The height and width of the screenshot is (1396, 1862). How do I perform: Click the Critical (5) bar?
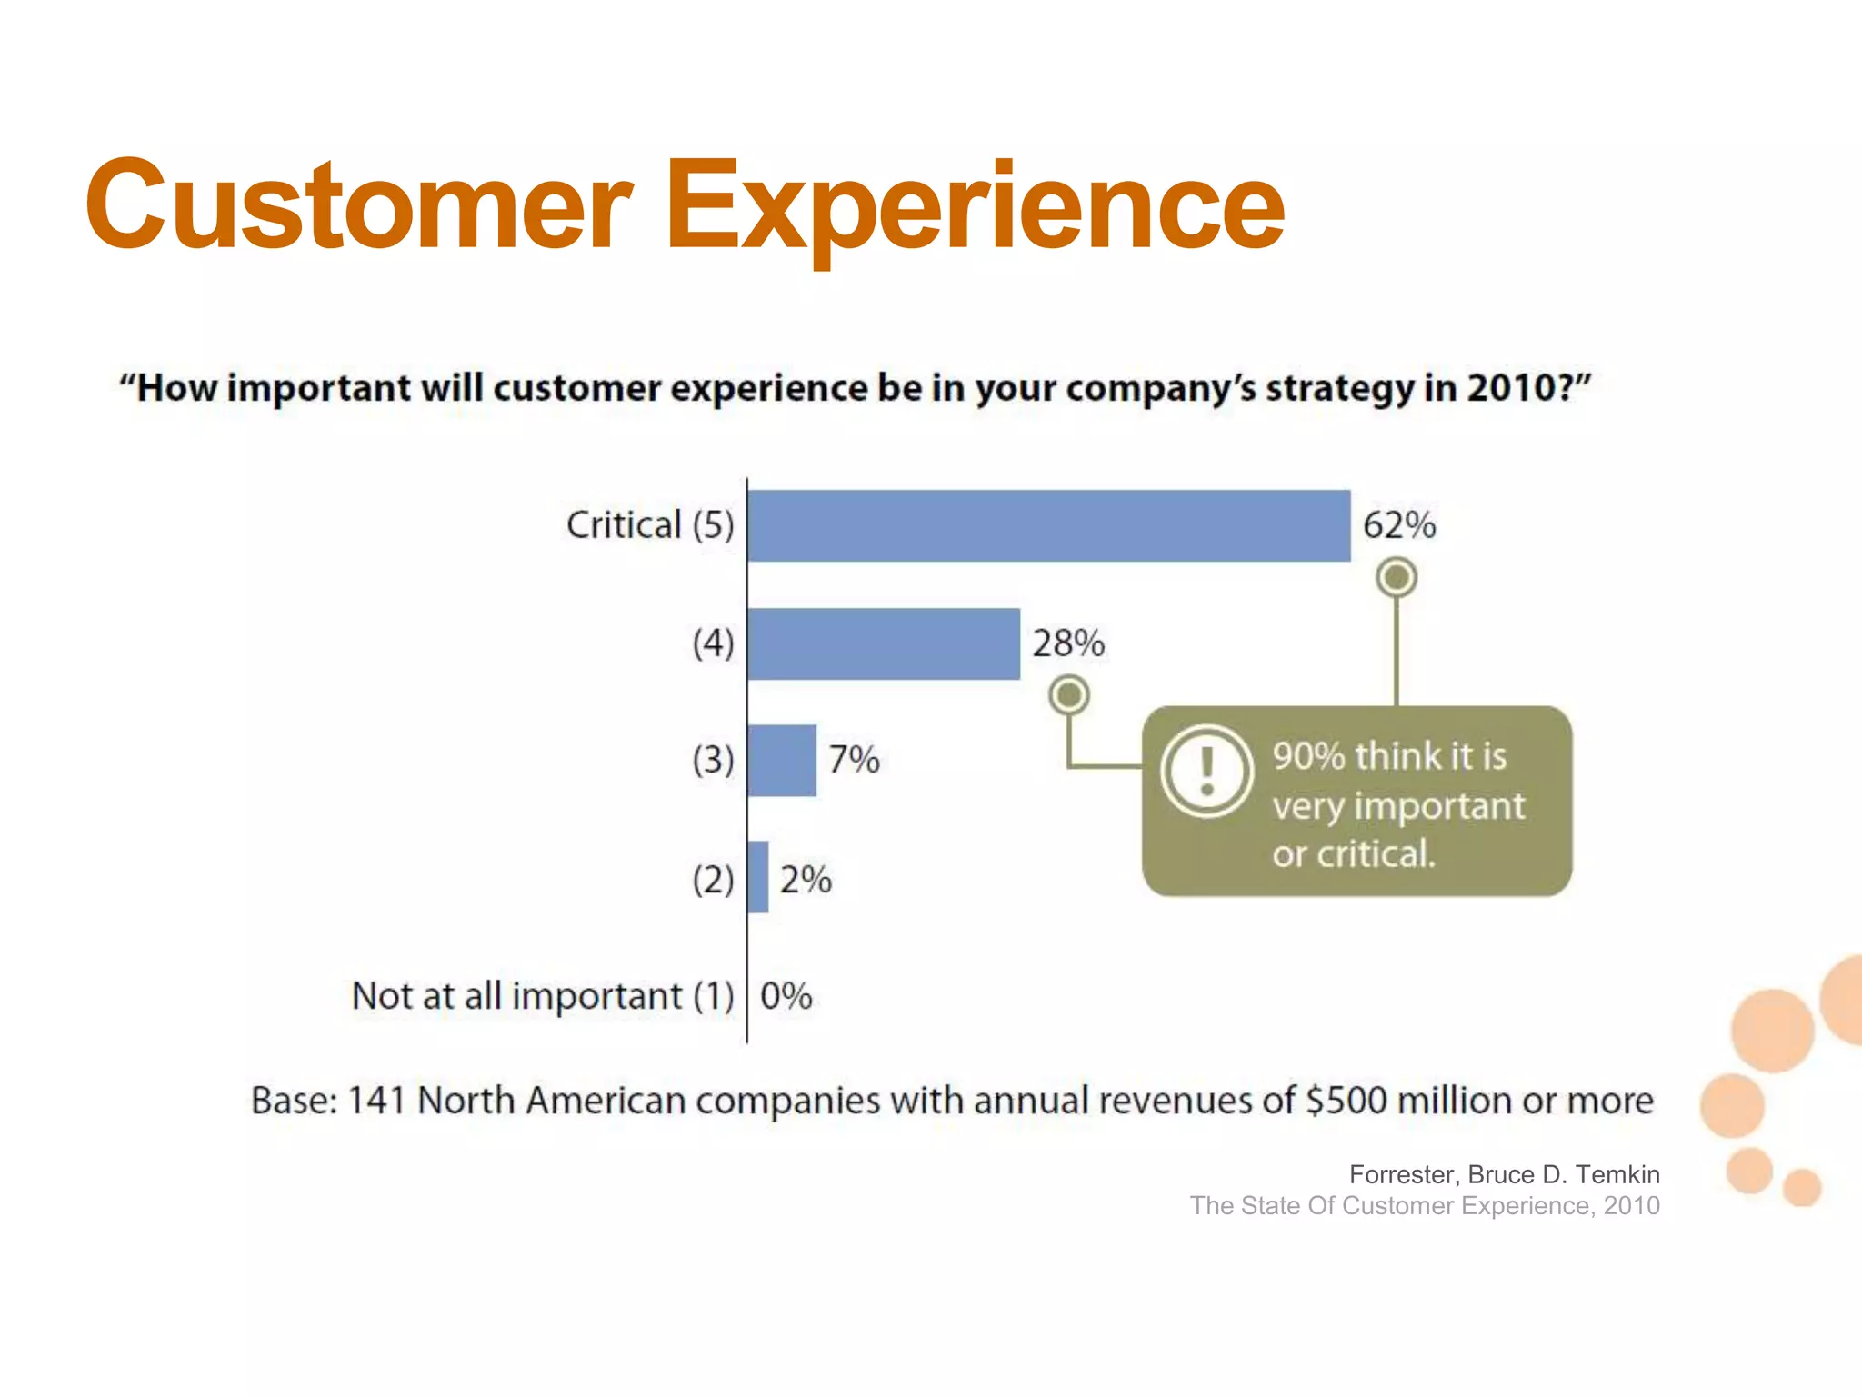coord(1048,525)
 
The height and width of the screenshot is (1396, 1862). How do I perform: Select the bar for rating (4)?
coord(883,643)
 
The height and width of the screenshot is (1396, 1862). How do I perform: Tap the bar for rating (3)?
coord(781,760)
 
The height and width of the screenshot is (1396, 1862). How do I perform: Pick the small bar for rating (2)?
coord(757,877)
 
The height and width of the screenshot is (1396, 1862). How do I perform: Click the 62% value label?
coord(1399,525)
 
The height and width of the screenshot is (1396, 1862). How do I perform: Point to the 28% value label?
coord(1068,643)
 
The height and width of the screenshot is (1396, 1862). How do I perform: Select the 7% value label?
coord(854,760)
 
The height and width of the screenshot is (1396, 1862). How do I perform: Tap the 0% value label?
coord(786,996)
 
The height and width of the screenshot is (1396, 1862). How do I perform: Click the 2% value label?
coord(806,880)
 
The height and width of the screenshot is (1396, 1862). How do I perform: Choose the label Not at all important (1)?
coord(543,996)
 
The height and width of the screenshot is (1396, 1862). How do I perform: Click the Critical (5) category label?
coord(649,525)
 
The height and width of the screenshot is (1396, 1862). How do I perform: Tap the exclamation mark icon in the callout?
coord(1207,771)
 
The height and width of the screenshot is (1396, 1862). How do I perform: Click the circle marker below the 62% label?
coord(1396,577)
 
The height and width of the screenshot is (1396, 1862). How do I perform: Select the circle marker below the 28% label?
coord(1069,695)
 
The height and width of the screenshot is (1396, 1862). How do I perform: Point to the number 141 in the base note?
coord(375,1101)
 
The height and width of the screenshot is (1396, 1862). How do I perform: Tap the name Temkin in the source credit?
coord(1617,1174)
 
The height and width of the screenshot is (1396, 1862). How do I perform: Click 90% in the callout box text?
coord(1308,756)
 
